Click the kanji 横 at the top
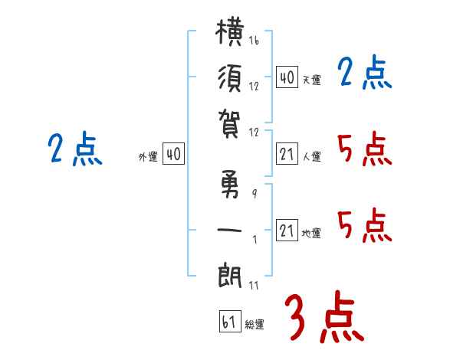tap(230, 32)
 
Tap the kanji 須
tap(230, 78)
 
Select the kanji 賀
tap(229, 124)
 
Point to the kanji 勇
tap(230, 184)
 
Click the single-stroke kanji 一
tap(229, 230)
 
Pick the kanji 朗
tap(230, 276)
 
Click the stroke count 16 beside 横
tap(254, 40)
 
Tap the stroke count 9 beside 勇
tap(255, 194)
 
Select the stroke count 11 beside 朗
tap(254, 286)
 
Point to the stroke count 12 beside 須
tap(254, 87)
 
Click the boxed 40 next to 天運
tap(287, 77)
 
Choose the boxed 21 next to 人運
tap(287, 154)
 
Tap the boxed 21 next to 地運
tap(287, 230)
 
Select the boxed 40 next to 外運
tap(173, 154)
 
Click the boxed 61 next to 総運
tap(230, 321)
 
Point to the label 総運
tap(255, 324)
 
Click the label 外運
tap(148, 157)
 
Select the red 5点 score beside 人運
tap(365, 149)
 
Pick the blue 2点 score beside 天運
tap(365, 72)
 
